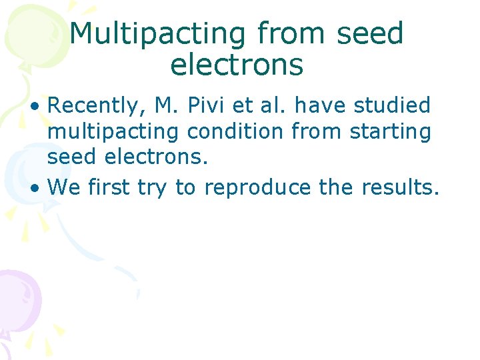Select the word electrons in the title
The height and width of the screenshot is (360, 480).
[x=237, y=65]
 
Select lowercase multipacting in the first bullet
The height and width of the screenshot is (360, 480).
[x=113, y=132]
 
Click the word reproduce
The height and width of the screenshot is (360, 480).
[x=257, y=188]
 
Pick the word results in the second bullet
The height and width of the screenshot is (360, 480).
[x=400, y=188]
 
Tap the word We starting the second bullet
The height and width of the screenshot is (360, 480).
[x=64, y=188]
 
